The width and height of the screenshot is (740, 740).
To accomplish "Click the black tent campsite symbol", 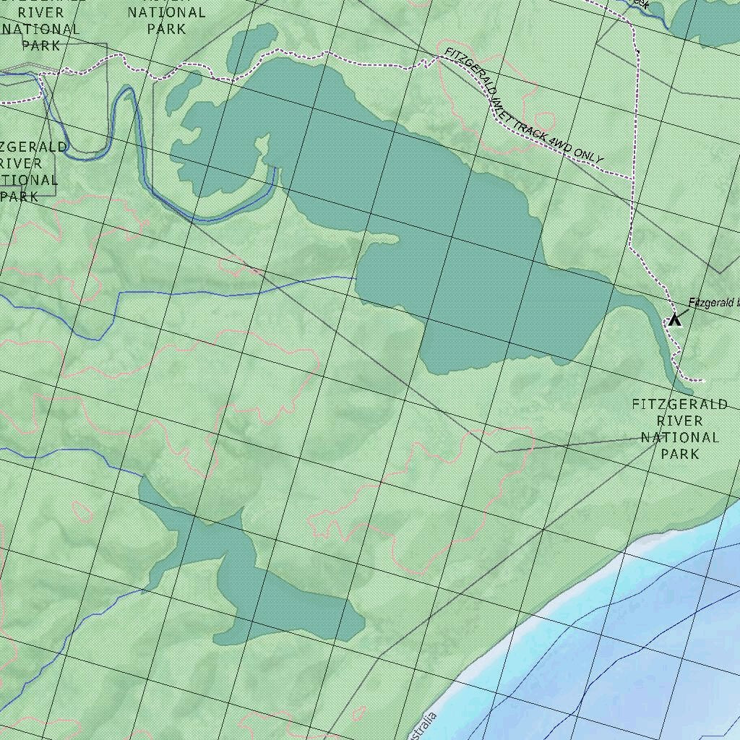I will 674,319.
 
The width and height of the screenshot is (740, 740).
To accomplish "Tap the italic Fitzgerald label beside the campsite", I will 712,303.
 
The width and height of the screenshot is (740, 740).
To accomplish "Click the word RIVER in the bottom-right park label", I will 679,421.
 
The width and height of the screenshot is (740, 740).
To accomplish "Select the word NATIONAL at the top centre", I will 167,12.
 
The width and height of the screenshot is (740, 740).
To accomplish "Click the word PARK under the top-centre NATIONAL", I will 167,29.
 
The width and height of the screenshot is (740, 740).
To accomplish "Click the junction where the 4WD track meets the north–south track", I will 633,178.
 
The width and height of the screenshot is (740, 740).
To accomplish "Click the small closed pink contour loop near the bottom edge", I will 359,713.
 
